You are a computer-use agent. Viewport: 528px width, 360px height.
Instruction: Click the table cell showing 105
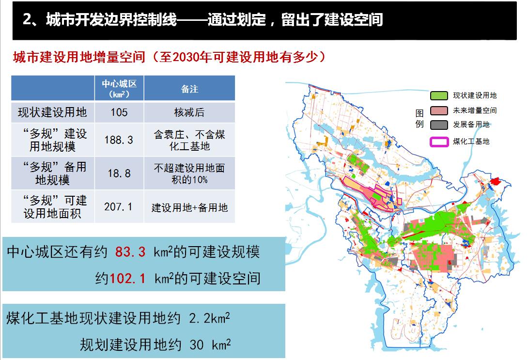tap(119, 112)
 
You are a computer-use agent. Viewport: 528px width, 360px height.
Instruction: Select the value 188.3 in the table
tap(119, 140)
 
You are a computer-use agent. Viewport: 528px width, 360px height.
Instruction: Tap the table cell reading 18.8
tap(119, 173)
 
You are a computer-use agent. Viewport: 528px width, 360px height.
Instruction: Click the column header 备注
tap(189, 89)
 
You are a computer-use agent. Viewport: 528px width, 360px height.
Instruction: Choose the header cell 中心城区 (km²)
tap(119, 89)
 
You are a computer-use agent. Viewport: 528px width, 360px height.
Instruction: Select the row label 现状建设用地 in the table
tap(52, 112)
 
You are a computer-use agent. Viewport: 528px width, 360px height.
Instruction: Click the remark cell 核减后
tap(189, 112)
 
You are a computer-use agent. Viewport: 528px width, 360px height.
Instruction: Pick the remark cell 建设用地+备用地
tap(189, 207)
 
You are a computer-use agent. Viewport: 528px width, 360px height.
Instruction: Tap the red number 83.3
tap(130, 252)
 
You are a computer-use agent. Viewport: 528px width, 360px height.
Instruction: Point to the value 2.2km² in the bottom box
tap(209, 317)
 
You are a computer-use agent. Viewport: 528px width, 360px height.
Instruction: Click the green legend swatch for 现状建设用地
tap(439, 95)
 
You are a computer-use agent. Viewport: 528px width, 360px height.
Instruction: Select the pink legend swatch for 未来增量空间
tap(439, 110)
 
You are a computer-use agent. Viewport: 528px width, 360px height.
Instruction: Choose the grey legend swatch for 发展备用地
tap(439, 125)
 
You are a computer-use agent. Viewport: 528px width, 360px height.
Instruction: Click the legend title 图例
tap(419, 119)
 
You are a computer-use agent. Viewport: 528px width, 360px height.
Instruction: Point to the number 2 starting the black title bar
tap(27, 19)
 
